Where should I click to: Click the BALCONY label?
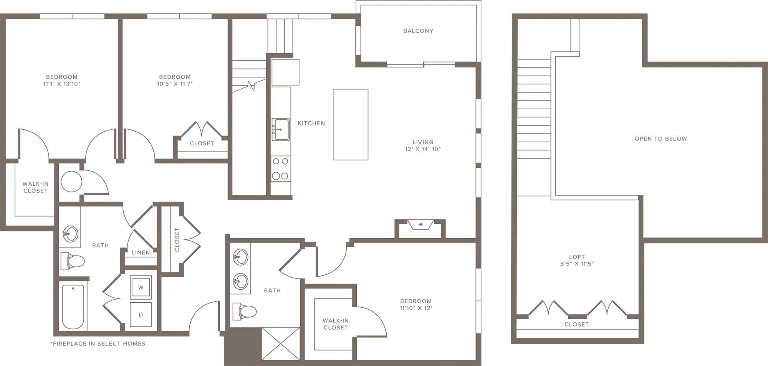tap(418, 31)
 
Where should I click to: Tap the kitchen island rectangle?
tap(351, 125)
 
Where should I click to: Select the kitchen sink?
tap(281, 130)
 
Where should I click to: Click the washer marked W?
tap(141, 287)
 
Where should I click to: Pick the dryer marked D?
tap(141, 315)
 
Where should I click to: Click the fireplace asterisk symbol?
tap(420, 224)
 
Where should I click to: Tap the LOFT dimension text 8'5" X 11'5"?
tap(577, 264)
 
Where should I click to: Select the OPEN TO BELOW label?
tap(661, 139)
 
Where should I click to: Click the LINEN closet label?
tap(141, 252)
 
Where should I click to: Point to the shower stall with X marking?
tap(281, 343)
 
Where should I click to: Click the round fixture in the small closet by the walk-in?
tap(71, 181)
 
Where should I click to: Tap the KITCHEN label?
tap(311, 123)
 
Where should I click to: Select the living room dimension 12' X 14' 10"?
tap(423, 149)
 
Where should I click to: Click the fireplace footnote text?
tap(98, 344)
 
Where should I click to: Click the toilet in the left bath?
tap(73, 261)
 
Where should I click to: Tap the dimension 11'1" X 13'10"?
tap(62, 84)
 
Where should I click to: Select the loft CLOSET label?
tap(576, 324)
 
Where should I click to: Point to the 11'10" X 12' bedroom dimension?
tap(416, 308)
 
